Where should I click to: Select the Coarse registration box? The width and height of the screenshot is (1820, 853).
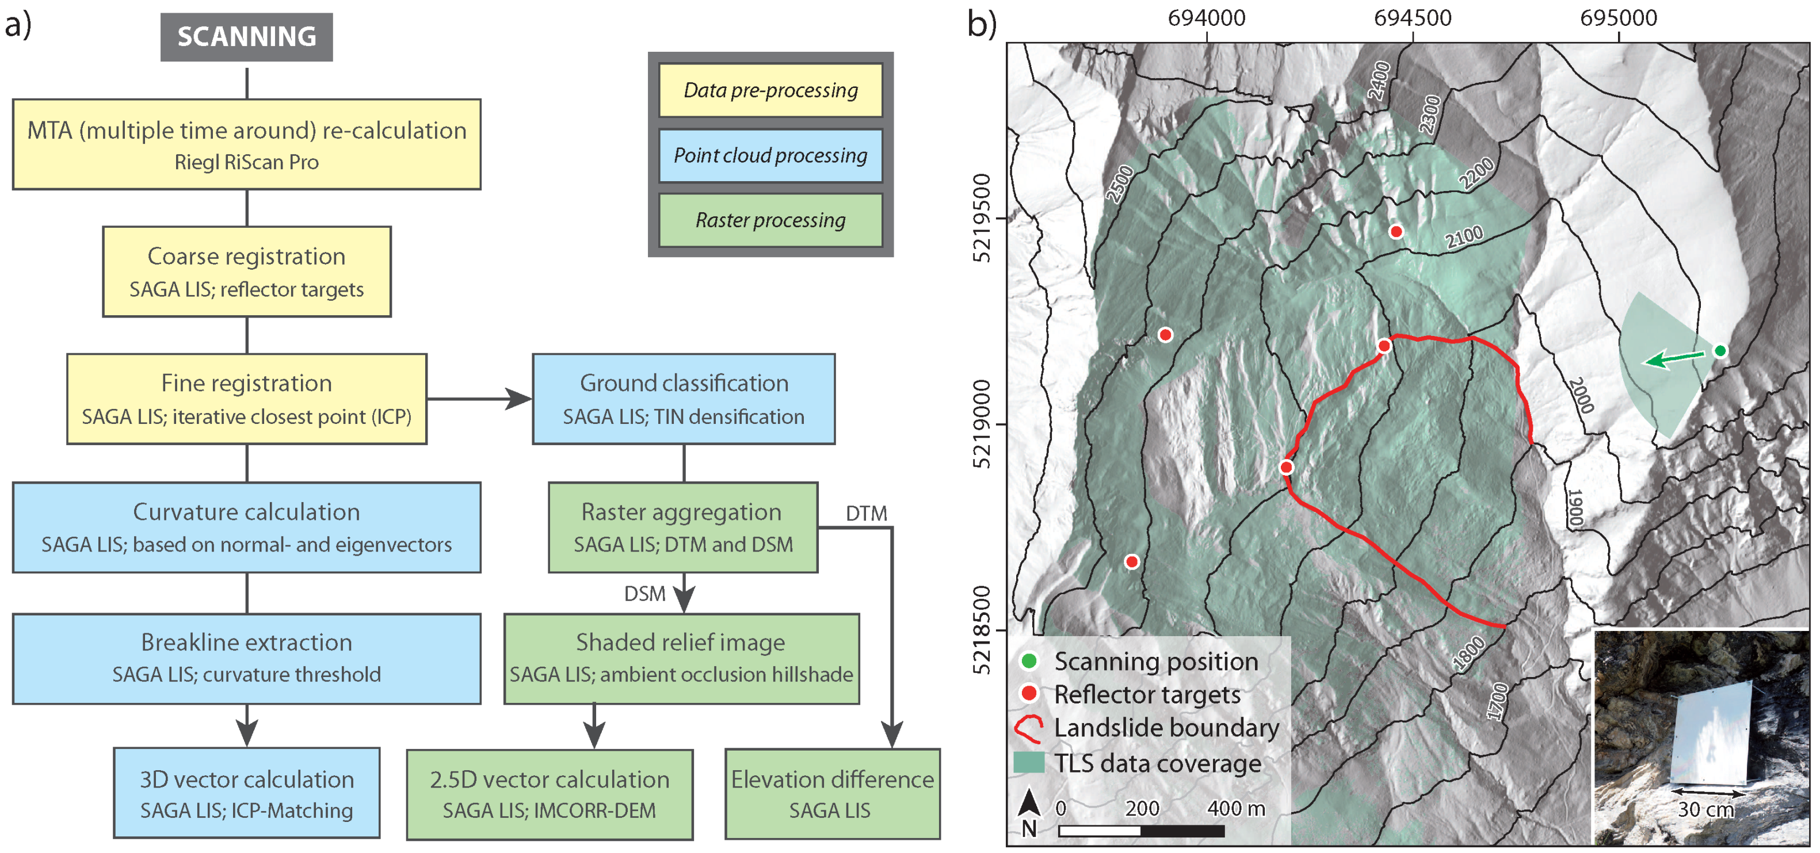[247, 272]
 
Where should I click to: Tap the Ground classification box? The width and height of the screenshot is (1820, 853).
[683, 399]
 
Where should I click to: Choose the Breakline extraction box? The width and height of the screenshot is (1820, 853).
[247, 658]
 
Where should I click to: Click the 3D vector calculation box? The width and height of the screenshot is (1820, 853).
[247, 793]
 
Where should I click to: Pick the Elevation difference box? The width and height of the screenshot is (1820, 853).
[831, 794]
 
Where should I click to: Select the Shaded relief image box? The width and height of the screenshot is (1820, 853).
[681, 658]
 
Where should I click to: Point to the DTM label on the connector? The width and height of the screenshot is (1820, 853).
[866, 514]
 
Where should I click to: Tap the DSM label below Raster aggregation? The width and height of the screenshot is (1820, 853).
[644, 594]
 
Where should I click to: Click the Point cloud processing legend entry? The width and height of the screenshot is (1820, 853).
[770, 155]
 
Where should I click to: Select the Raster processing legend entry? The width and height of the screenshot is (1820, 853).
[770, 220]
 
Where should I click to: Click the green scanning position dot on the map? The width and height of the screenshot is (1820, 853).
[1720, 350]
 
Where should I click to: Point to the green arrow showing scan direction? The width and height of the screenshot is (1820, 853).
[1674, 359]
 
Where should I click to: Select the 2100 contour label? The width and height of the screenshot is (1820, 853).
[1464, 237]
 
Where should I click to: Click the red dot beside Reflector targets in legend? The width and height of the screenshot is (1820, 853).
[1029, 694]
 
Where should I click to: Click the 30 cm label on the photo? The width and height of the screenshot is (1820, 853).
[1705, 809]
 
